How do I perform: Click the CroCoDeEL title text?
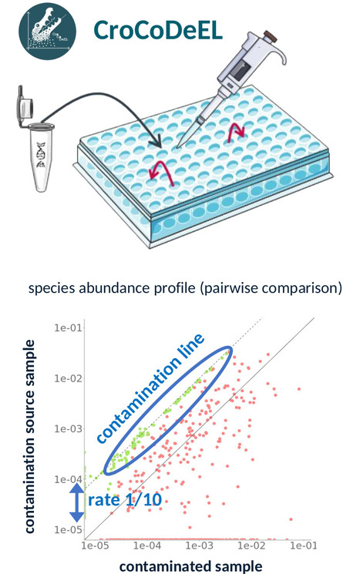(158, 29)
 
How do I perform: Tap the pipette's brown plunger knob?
(271, 37)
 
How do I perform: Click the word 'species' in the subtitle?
(52, 288)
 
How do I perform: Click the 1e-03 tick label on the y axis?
(69, 428)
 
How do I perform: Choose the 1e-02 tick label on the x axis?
(251, 545)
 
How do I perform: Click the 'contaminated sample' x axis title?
(191, 566)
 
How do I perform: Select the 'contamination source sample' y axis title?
(29, 436)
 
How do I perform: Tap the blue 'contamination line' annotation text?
(150, 388)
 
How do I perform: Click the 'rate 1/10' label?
(125, 499)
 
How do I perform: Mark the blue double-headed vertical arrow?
(76, 502)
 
